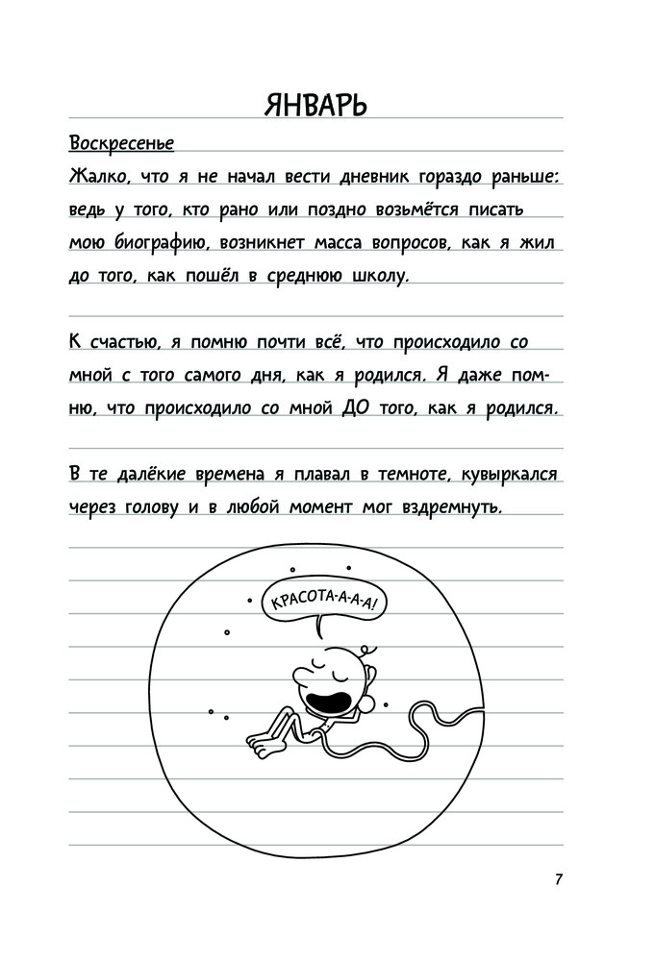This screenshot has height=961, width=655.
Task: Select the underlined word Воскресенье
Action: click(121, 145)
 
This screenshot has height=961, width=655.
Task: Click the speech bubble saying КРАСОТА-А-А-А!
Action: click(326, 604)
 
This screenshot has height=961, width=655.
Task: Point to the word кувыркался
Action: click(509, 474)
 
